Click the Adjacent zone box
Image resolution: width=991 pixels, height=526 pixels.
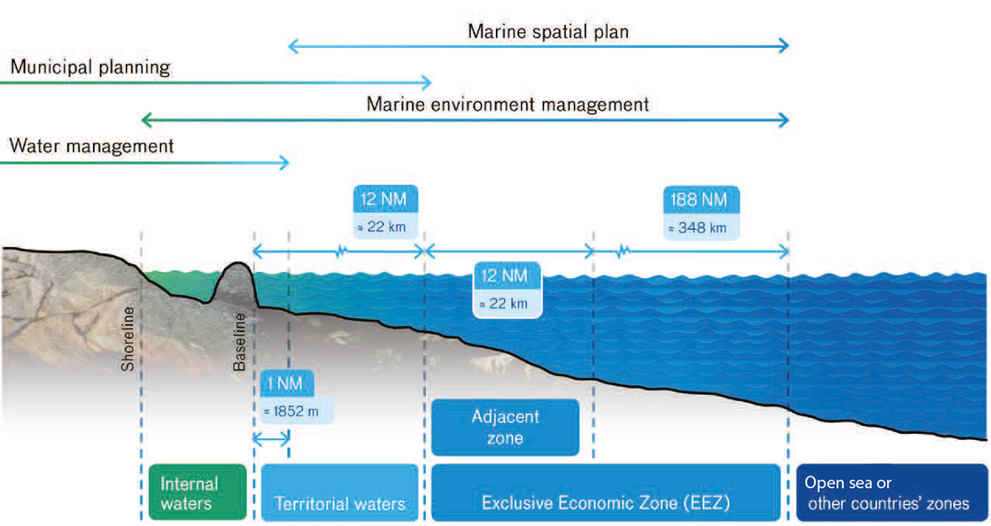pyautogui.click(x=505, y=427)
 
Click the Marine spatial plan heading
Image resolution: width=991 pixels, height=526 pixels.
pyautogui.click(x=548, y=33)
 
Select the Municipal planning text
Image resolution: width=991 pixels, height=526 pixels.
pyautogui.click(x=89, y=67)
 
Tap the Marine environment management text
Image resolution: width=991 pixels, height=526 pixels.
pyautogui.click(x=507, y=104)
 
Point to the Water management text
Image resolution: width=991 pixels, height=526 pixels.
pyautogui.click(x=91, y=145)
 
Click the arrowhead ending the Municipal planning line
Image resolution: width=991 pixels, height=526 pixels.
pyautogui.click(x=429, y=83)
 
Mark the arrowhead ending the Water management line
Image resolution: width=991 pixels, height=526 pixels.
pyautogui.click(x=285, y=162)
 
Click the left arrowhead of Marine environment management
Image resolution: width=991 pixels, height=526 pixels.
pyautogui.click(x=145, y=120)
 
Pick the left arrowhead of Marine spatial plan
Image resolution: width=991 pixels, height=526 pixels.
pyautogui.click(x=293, y=46)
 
